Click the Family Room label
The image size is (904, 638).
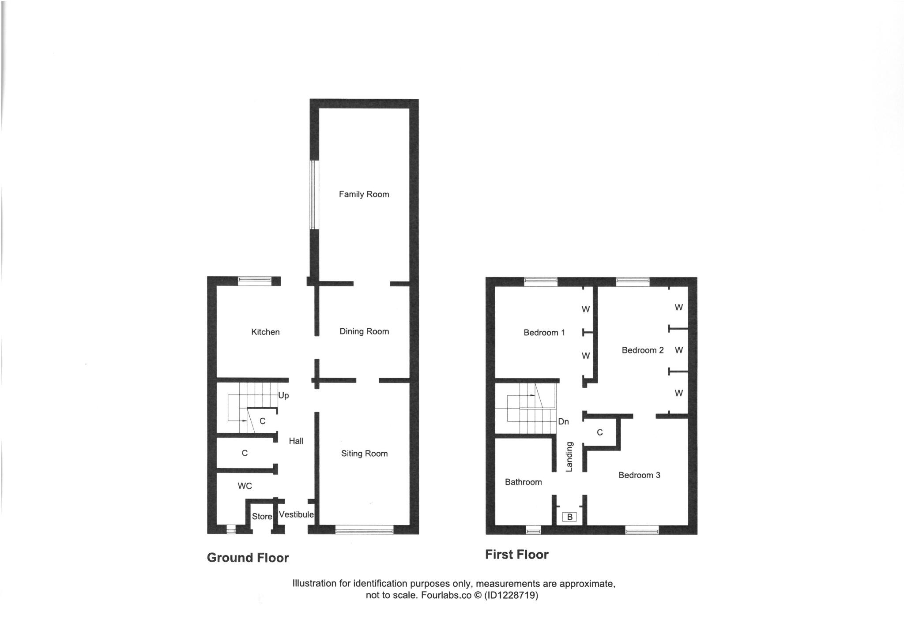pos(364,194)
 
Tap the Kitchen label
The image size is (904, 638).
pos(265,332)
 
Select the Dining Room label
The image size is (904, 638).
pos(364,331)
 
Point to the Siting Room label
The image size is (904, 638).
pos(364,454)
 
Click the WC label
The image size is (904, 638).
pos(245,486)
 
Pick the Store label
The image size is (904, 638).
pos(262,516)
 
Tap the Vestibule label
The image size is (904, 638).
pos(296,514)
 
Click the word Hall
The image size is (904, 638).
pos(296,441)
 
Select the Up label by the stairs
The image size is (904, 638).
pos(283,395)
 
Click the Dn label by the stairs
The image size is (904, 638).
pos(563,422)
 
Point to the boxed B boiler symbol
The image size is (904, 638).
pos(569,517)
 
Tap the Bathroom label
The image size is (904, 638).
pos(523,482)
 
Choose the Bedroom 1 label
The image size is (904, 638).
pos(544,333)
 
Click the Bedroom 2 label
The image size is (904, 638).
pos(642,350)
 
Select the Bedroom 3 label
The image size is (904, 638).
pos(639,475)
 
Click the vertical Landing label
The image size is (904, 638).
pos(569,457)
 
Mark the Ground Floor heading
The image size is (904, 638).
pos(248,558)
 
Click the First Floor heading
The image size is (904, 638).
pos(516,555)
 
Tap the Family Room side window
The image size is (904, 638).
pos(313,195)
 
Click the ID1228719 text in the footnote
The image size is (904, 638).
pos(511,595)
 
